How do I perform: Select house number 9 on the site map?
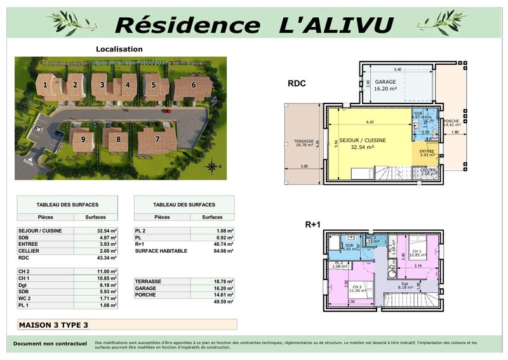[x=83, y=139]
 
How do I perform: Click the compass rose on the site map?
[x=211, y=166]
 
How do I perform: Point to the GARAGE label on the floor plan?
[x=385, y=83]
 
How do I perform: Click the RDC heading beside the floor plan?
[x=298, y=83]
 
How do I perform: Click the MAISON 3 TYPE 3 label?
[x=53, y=324]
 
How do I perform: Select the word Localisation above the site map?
[x=119, y=49]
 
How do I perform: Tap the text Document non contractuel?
[x=50, y=343]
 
